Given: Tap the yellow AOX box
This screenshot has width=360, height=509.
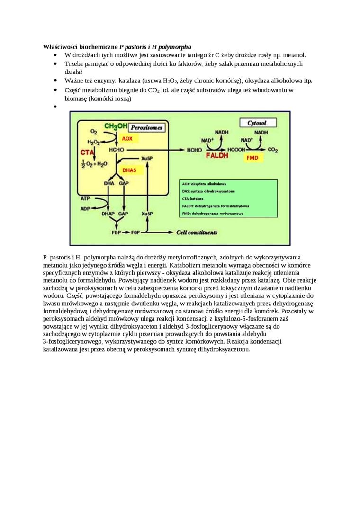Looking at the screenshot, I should [127, 139].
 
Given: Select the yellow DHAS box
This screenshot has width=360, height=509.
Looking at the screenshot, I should [129, 170].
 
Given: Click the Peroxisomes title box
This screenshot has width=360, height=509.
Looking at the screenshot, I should [147, 128].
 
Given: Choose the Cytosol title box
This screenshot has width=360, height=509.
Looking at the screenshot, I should [258, 123].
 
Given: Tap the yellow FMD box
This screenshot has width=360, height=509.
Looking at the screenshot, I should [252, 158].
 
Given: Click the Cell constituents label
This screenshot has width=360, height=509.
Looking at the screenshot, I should [197, 232].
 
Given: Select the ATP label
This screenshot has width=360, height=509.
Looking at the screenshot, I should [85, 199].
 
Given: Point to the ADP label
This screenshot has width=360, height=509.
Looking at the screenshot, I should [85, 208].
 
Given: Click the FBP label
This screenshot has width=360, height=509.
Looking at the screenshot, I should [116, 233].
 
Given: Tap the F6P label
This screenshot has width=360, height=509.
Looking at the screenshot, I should [135, 233].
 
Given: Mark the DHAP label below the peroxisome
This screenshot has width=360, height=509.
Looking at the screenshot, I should [108, 214].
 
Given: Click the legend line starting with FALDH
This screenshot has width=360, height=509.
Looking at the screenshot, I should [216, 206].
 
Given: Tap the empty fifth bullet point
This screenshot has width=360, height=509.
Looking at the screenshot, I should [55, 107].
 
